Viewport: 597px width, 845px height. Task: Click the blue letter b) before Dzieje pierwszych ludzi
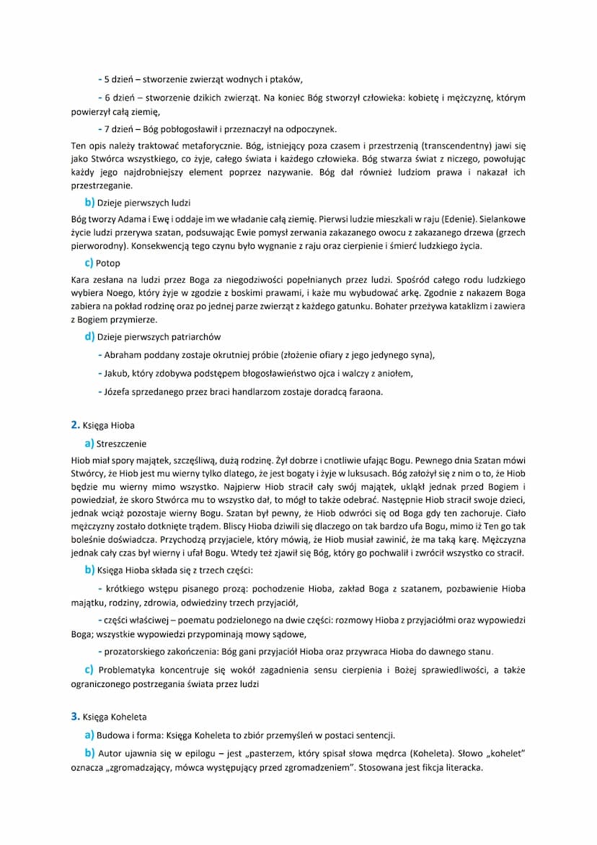pyautogui.click(x=89, y=203)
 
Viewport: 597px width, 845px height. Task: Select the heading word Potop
pyautogui.click(x=109, y=263)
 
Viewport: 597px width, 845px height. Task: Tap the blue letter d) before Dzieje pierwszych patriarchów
pyautogui.click(x=89, y=336)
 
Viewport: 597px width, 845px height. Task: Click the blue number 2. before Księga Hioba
pyautogui.click(x=75, y=425)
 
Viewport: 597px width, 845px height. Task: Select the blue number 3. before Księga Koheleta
pyautogui.click(x=75, y=717)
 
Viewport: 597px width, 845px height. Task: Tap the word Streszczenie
pyautogui.click(x=121, y=444)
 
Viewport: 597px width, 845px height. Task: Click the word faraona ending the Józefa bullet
pyautogui.click(x=363, y=392)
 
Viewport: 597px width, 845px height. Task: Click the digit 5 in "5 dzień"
pyautogui.click(x=107, y=79)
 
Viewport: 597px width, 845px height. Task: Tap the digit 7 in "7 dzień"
pyautogui.click(x=107, y=130)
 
